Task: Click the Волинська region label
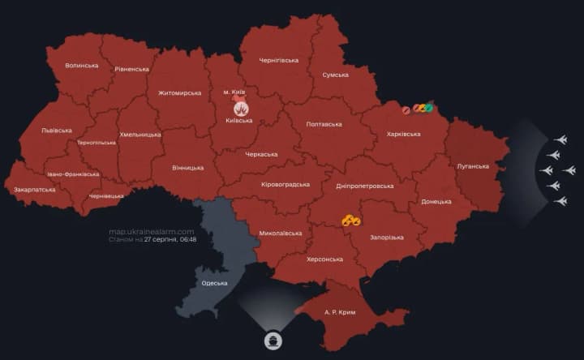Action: [x=82, y=66]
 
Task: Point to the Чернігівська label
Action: [x=278, y=60]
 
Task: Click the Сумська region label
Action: [x=335, y=75]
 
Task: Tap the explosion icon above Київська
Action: [x=241, y=108]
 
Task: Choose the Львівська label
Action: [x=57, y=131]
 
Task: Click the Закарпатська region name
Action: [x=35, y=190]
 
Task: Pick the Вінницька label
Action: [x=188, y=168]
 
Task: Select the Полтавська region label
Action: [x=324, y=124]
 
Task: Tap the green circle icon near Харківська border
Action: [x=428, y=108]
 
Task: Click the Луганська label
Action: [x=474, y=166]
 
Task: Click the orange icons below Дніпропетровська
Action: [x=351, y=220]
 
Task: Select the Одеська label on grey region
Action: [x=215, y=283]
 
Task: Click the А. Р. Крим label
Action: [x=340, y=311]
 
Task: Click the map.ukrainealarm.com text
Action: [x=152, y=232]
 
